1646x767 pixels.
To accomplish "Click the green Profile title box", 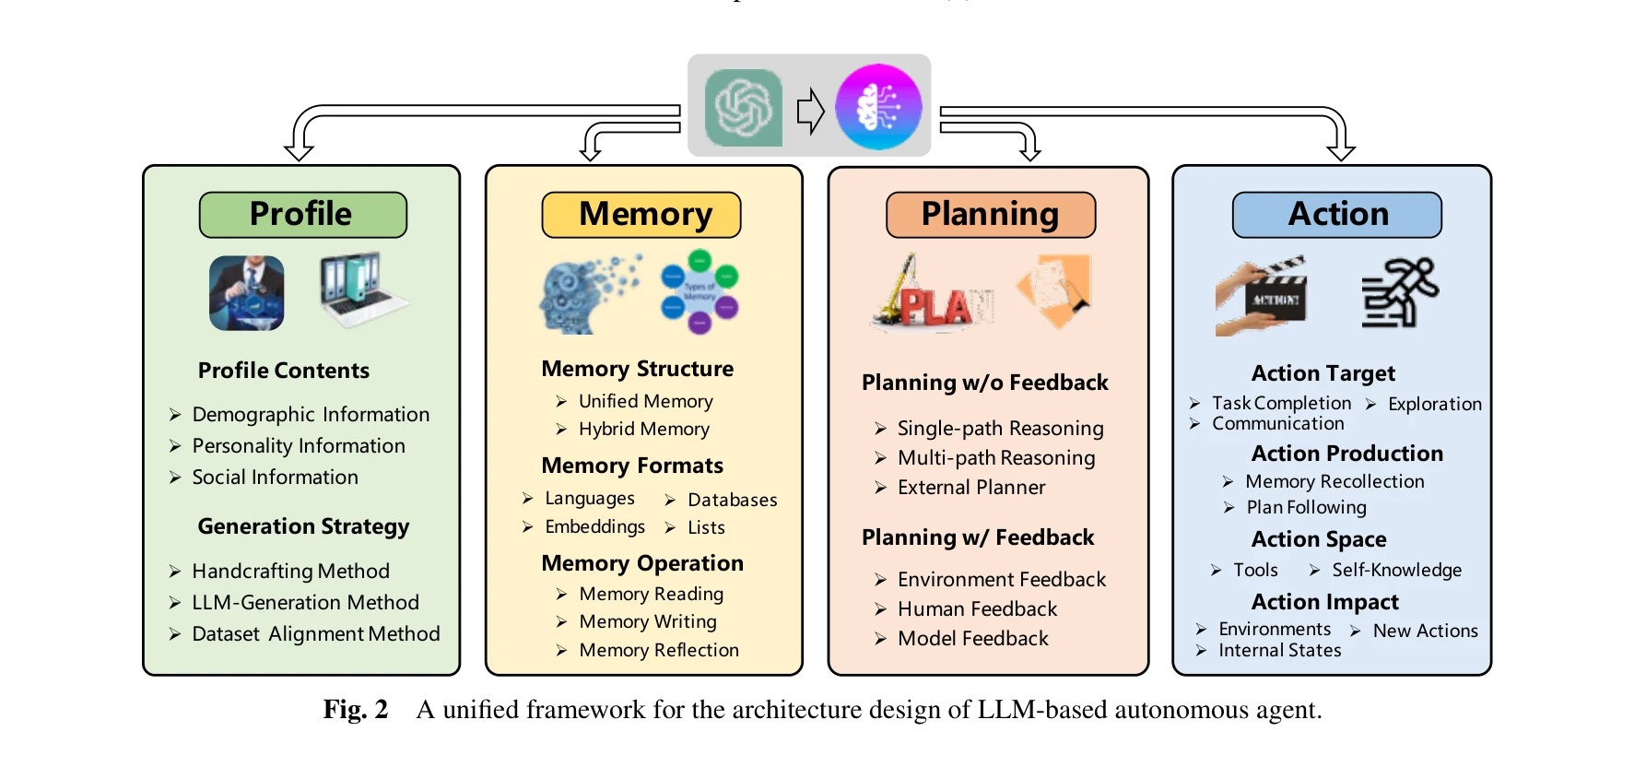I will (302, 214).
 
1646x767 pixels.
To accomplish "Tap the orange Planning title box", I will (991, 214).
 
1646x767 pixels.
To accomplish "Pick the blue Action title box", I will (1336, 214).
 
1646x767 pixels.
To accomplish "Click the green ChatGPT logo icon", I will (743, 108).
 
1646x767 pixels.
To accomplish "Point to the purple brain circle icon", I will (878, 107).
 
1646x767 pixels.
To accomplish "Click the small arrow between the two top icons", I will (809, 111).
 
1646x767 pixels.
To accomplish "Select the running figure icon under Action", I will (1399, 292).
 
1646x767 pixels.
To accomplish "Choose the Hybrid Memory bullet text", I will (643, 429).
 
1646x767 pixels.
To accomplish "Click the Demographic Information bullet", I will (311, 415).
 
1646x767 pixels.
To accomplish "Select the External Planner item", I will (971, 488).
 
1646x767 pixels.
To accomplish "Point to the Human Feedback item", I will (977, 609).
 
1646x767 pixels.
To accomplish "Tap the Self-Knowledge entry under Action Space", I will (1396, 571).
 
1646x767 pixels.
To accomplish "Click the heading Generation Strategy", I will (303, 526).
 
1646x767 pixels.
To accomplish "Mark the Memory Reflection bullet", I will (658, 651).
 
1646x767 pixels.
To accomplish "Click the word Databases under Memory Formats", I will (732, 501).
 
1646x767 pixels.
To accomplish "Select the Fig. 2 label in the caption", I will (355, 710).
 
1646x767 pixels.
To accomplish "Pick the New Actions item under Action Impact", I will (1425, 631).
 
